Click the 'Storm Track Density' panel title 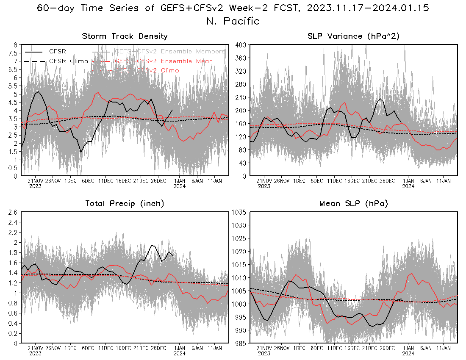(125, 36)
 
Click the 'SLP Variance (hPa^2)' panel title (354, 36)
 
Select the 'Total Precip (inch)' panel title (125, 204)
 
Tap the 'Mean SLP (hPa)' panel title (354, 204)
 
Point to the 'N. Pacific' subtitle (233, 21)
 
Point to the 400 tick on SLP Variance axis (241, 44)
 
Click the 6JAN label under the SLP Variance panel (426, 181)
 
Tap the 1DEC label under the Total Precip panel (70, 348)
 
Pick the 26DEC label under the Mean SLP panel (387, 348)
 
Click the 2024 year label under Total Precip (179, 353)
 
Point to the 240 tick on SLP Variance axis (241, 97)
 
